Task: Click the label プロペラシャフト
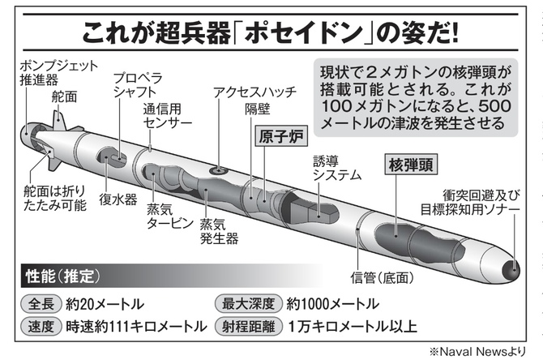pos(137,85)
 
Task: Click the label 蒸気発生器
pos(221,230)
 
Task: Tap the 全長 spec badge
pos(38,305)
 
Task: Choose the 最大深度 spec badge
pos(249,305)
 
